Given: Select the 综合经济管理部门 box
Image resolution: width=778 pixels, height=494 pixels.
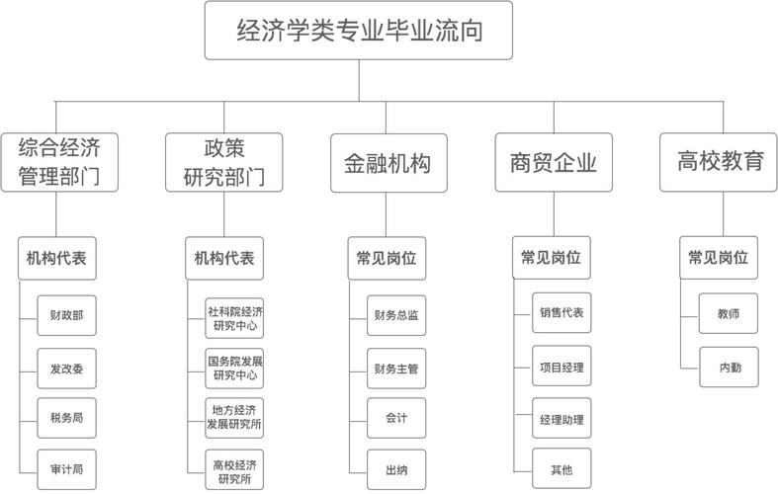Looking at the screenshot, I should (60, 163).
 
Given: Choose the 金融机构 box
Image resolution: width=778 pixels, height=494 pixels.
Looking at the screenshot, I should (388, 163).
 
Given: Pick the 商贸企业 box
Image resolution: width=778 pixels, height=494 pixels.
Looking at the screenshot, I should (554, 163).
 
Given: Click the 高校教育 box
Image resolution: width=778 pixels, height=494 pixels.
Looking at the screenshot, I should (721, 162).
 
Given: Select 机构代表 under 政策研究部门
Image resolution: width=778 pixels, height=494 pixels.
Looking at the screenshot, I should (225, 260).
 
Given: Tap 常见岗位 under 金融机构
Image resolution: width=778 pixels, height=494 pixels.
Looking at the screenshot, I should (387, 260).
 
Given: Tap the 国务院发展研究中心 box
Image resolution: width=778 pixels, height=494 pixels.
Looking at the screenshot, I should (235, 368).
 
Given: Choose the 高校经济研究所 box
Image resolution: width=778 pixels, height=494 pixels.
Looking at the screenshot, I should (235, 469).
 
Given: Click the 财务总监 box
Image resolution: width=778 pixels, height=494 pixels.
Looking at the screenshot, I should (395, 317).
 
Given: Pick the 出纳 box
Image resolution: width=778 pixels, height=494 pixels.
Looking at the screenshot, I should (395, 469).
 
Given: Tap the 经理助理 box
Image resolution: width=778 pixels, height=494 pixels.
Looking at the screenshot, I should (562, 419).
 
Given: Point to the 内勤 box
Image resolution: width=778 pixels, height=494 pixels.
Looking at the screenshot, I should (729, 368).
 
